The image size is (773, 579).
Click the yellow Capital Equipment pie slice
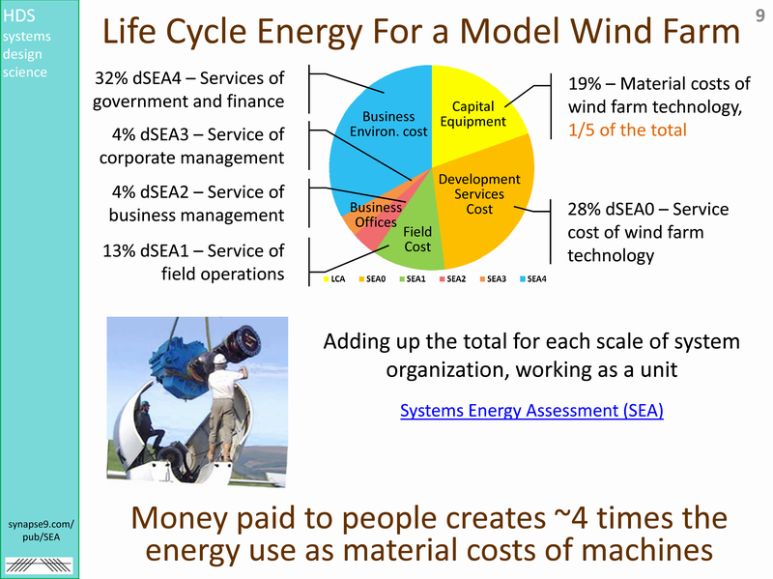point(473,114)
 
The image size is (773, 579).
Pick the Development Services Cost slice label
point(479,194)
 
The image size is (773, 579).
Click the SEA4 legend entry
point(533,279)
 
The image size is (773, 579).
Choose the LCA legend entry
point(334,279)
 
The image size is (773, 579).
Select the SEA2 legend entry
point(452,279)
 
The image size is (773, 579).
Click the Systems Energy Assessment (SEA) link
point(531,411)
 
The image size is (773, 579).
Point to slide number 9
point(759,15)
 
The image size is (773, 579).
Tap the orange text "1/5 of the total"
point(627,130)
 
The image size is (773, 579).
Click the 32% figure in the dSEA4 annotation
point(111,78)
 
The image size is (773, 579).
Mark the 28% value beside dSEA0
point(585,209)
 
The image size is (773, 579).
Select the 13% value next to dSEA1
point(119,250)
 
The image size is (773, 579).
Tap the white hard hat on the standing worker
point(219,359)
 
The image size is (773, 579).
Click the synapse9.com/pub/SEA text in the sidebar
point(41,530)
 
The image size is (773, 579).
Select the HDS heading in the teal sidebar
point(18,15)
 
